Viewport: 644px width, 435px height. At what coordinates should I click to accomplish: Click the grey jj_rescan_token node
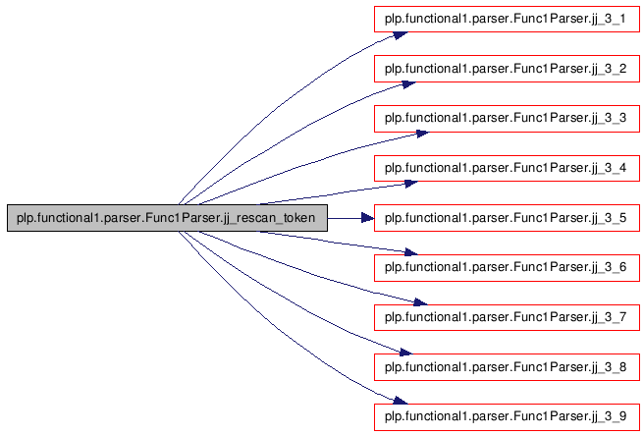[167, 218]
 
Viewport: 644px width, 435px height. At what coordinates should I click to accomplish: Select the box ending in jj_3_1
[507, 19]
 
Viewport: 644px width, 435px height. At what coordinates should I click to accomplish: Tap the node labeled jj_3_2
[507, 69]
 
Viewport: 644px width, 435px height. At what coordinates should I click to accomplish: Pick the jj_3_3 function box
[507, 118]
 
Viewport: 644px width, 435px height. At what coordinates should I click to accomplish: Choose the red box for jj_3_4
[507, 168]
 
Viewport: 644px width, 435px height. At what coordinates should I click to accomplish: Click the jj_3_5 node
[507, 218]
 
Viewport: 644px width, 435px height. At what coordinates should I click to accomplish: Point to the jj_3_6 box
[507, 267]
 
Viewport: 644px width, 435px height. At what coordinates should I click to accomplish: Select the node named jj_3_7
[507, 317]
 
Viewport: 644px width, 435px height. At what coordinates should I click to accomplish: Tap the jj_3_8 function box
[507, 367]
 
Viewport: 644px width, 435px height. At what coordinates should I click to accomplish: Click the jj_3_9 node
[507, 417]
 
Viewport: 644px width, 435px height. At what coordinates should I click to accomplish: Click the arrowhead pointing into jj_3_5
[367, 218]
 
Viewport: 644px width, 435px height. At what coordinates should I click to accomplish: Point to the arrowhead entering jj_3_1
[401, 35]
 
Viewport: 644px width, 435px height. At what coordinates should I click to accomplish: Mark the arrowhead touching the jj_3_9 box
[401, 401]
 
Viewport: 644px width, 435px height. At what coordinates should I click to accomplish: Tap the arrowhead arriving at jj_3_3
[422, 134]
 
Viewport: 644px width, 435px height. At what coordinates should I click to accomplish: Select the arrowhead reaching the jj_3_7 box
[420, 302]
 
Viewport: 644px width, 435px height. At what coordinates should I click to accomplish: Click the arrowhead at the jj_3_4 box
[411, 184]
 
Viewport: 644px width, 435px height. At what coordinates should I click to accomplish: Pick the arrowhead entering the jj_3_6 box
[411, 252]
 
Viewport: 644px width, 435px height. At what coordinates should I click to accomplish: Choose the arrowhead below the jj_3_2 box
[408, 84]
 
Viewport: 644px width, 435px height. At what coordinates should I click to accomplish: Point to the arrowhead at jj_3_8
[405, 352]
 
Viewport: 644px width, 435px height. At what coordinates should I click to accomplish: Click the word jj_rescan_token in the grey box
[269, 218]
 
